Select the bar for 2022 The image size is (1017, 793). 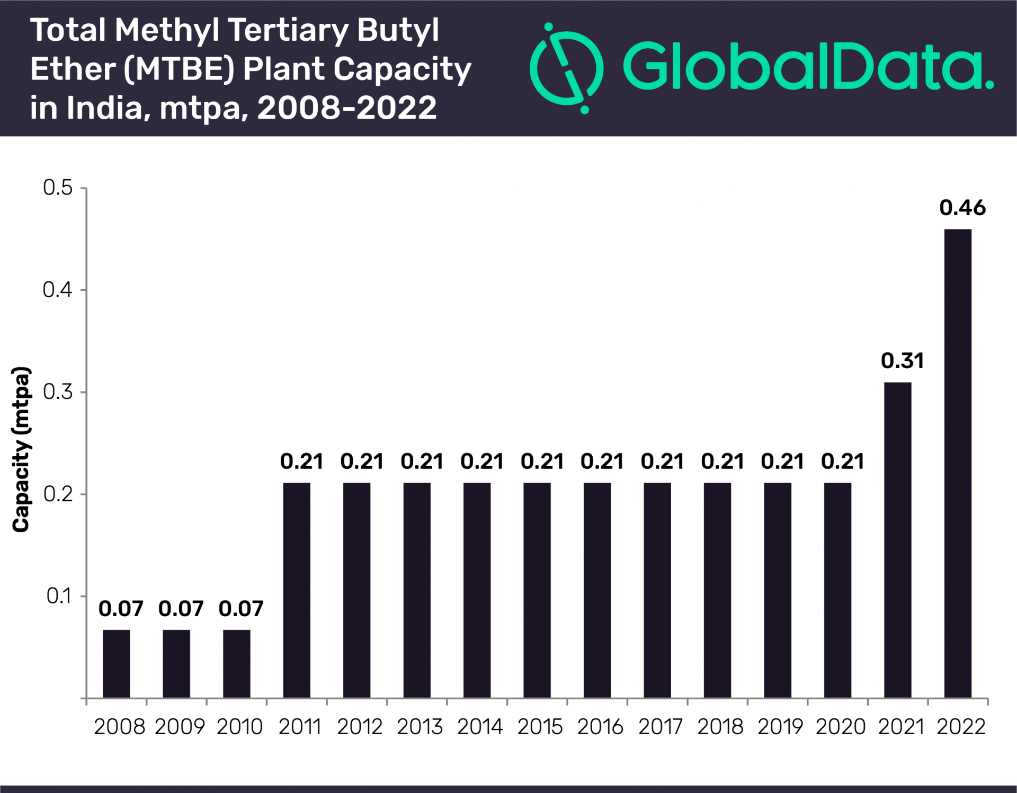click(x=958, y=464)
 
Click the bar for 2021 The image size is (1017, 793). click(x=897, y=540)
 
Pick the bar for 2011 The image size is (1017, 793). click(x=297, y=590)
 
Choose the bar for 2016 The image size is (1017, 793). click(x=597, y=590)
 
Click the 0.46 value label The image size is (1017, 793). click(x=962, y=208)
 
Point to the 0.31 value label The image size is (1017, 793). click(x=902, y=361)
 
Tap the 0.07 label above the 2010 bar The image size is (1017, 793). click(x=241, y=609)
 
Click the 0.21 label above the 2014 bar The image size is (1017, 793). click(x=482, y=461)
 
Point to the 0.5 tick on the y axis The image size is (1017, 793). click(x=58, y=188)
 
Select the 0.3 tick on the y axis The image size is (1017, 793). click(x=58, y=392)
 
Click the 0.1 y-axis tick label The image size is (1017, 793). click(x=59, y=596)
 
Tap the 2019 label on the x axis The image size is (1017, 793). click(x=780, y=726)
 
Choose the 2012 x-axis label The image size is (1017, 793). click(x=360, y=726)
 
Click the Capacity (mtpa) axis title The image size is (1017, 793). click(x=21, y=449)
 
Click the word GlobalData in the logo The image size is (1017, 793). click(x=808, y=66)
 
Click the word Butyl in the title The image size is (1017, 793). click(x=398, y=30)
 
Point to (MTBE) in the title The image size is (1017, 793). click(x=180, y=69)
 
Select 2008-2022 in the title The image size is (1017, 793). click(x=347, y=108)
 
